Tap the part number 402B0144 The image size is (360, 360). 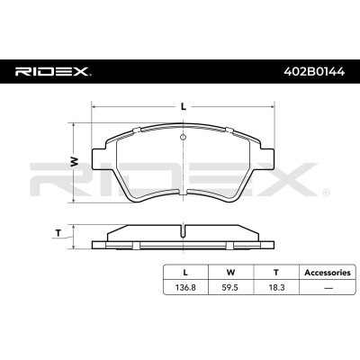[x=314, y=72]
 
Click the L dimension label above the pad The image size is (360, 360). [x=184, y=106]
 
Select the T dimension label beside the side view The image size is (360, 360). [x=58, y=232]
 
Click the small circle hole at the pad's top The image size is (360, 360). [x=183, y=138]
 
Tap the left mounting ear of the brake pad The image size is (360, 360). [x=99, y=160]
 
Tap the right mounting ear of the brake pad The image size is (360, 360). [x=267, y=160]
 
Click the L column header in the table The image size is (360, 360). [x=185, y=273]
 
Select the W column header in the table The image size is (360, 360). [x=230, y=273]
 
